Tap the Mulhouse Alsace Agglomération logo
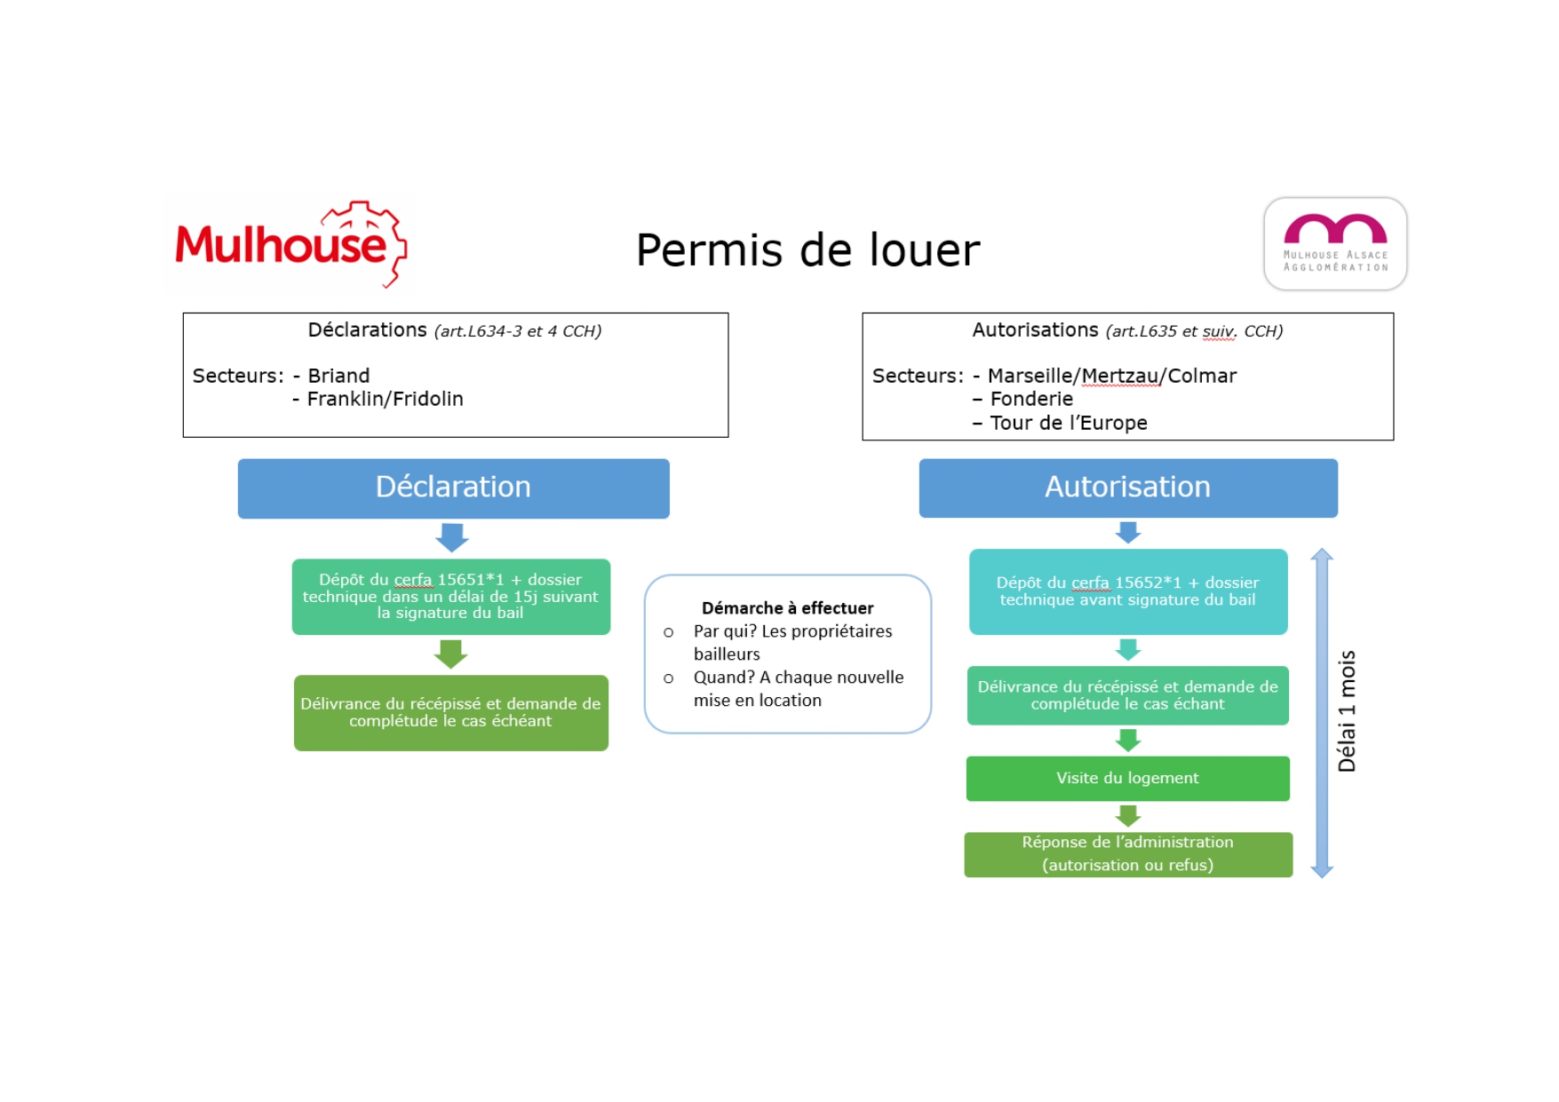1334,243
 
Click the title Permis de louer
807,250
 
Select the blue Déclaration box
453,488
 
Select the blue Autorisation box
1127,488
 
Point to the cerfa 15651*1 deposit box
450,596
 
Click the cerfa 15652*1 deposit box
1127,591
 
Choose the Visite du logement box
1127,778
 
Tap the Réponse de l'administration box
1127,853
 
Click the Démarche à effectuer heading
787,608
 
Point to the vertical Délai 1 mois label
1347,711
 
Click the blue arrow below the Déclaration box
452,537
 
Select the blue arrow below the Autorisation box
1128,533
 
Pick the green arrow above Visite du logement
1128,740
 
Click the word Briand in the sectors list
338,376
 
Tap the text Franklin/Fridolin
385,399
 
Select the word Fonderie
1031,399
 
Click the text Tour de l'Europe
1068,423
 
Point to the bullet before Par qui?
668,632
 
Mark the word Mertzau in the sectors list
1119,376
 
